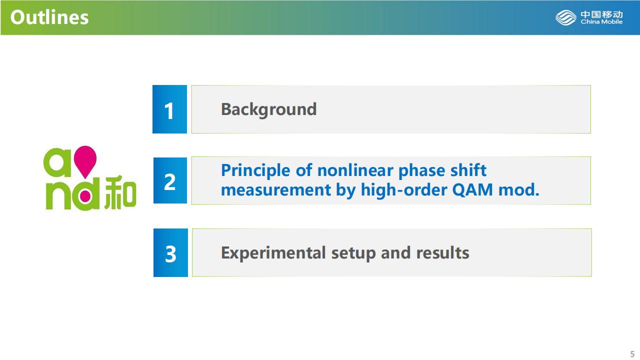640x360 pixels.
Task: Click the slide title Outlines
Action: coord(49,17)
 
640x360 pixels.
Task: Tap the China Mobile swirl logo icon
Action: coord(565,17)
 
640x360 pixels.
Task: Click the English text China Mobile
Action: coord(601,21)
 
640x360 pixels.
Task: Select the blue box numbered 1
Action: coord(169,109)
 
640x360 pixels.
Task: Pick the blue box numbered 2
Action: coord(170,180)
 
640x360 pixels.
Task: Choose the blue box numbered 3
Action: coord(170,252)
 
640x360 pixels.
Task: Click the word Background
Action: coord(269,109)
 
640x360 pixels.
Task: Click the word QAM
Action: coord(473,189)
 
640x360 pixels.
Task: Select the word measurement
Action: coord(276,190)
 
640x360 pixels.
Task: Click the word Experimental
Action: coord(273,253)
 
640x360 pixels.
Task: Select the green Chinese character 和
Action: coord(120,192)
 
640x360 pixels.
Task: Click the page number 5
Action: coord(632,354)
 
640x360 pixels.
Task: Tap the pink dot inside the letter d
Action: coord(85,196)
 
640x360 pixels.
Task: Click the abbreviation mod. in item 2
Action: coord(519,189)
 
